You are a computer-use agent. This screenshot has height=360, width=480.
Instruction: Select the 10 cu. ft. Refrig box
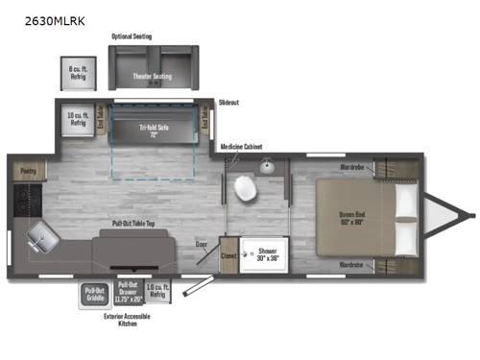point(78,119)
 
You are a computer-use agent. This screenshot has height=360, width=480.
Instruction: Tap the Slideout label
point(228,101)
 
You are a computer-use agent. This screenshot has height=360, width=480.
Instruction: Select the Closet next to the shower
point(228,256)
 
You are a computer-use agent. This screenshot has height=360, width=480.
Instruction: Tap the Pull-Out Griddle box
point(94,295)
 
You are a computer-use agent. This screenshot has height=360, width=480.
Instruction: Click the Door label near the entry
point(201,245)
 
